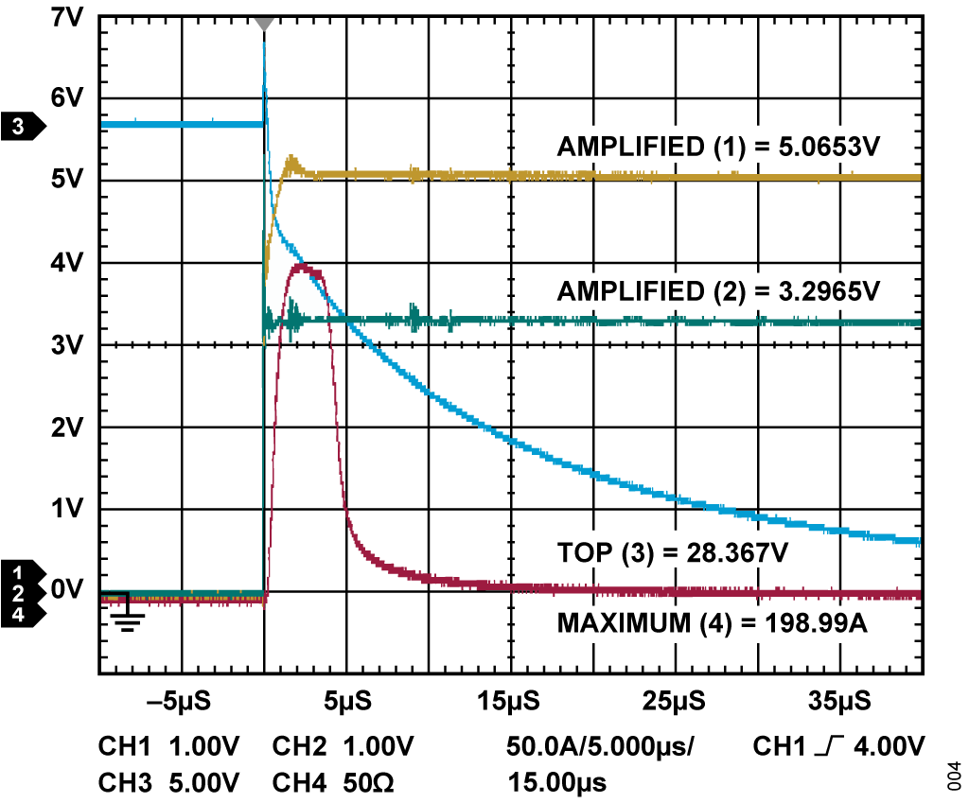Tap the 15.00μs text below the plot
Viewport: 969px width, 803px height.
click(557, 783)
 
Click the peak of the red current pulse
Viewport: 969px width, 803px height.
click(303, 268)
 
